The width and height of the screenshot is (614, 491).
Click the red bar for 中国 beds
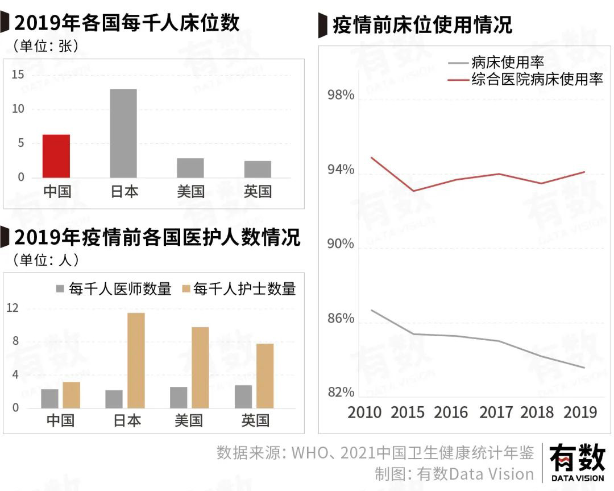point(56,156)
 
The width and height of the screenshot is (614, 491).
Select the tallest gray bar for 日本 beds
point(123,133)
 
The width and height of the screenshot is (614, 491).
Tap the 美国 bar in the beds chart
point(190,168)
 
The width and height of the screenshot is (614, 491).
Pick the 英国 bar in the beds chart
point(258,169)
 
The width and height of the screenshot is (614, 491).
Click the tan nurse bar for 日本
point(136,360)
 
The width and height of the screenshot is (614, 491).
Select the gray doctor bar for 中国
point(49,398)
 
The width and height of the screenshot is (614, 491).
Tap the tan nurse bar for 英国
point(265,376)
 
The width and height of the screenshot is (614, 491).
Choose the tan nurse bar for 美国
point(200,367)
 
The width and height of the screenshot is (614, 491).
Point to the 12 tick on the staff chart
point(12,308)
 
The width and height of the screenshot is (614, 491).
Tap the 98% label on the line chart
point(341,95)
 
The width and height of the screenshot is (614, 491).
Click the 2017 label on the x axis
point(496,412)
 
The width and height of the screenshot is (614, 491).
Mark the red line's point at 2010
point(371,157)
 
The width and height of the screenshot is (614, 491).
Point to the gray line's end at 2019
point(584,368)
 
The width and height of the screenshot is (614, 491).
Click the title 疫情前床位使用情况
point(422,24)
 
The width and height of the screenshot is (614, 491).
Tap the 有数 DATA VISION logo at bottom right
point(577,461)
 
